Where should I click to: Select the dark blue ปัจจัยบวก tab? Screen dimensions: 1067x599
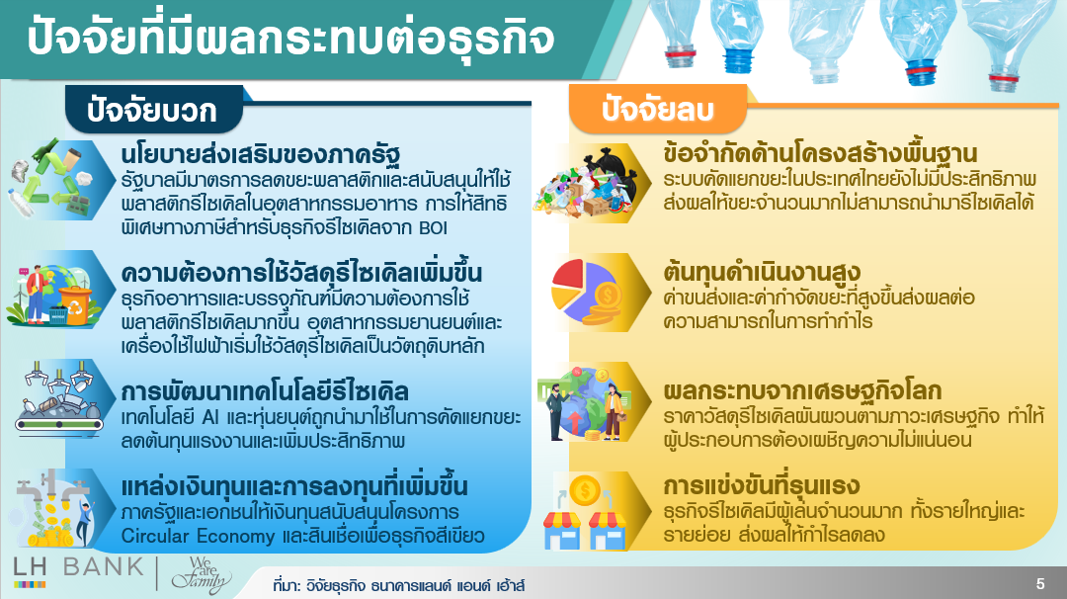[154, 110]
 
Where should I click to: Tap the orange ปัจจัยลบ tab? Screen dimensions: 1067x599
[657, 109]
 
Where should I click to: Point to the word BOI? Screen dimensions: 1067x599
[432, 228]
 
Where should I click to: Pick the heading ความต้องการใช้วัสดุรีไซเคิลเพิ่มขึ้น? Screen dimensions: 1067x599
[301, 272]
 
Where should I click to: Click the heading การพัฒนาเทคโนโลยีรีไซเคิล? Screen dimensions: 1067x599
[265, 390]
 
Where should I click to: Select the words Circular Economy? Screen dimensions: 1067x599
[198, 537]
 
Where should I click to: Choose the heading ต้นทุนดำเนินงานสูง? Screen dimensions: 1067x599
[762, 272]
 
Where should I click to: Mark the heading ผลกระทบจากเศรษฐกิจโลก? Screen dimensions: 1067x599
[802, 390]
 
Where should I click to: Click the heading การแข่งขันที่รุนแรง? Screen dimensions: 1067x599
[762, 485]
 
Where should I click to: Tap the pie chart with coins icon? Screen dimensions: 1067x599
[586, 293]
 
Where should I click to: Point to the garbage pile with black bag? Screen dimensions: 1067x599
[587, 184]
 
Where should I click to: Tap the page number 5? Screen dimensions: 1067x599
[1039, 583]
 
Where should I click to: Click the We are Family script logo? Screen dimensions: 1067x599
[202, 574]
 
